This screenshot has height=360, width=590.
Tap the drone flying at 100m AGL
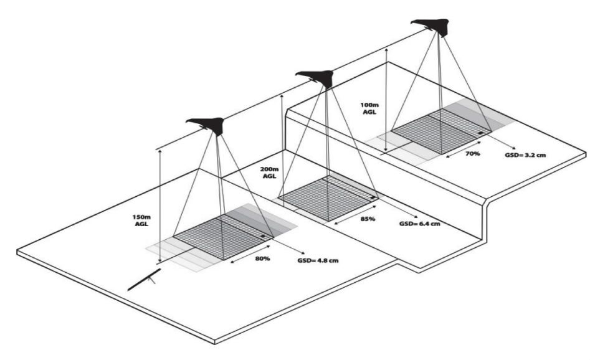tap(436, 26)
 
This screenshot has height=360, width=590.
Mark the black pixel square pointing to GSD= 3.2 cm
tap(480, 133)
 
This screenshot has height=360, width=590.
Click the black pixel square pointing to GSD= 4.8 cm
tap(264, 237)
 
